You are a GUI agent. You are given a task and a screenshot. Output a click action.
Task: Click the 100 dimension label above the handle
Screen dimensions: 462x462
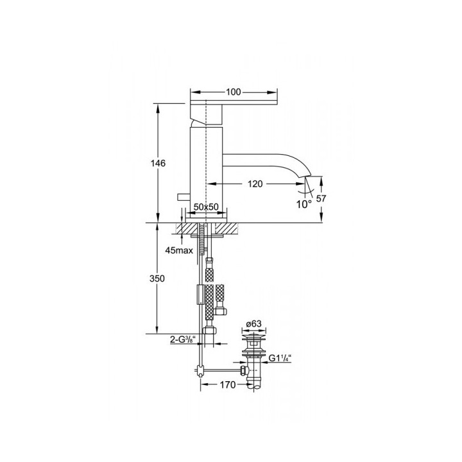pyautogui.click(x=234, y=92)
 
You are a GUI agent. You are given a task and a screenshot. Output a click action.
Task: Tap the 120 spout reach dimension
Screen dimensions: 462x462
pyautogui.click(x=255, y=184)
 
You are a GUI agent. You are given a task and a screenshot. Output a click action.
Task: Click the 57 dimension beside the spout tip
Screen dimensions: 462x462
pyautogui.click(x=322, y=200)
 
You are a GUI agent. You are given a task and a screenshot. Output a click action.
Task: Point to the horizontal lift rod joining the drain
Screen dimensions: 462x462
pyautogui.click(x=221, y=370)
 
